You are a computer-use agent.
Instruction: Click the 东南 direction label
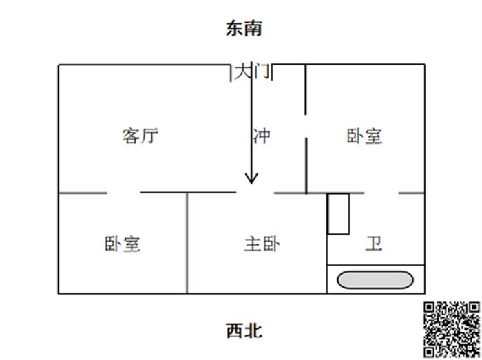click(244, 29)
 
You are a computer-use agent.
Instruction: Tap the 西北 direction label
click(244, 331)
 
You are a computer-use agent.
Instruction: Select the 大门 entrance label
click(253, 72)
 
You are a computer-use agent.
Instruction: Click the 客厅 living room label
click(140, 136)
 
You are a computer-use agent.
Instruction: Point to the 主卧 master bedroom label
click(262, 244)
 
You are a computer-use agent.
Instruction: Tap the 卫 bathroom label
click(374, 244)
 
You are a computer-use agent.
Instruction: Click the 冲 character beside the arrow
click(262, 136)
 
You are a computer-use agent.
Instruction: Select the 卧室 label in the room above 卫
click(364, 136)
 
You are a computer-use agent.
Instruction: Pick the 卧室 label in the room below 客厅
click(123, 244)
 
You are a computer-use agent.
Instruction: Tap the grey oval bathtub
click(375, 280)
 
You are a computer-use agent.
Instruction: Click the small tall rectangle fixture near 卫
click(339, 214)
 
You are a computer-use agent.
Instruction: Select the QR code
click(452, 330)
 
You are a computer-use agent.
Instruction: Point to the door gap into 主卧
click(255, 193)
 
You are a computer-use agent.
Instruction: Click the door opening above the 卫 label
click(381, 193)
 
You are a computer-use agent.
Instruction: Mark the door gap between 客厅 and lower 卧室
click(123, 193)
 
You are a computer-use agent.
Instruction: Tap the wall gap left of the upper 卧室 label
click(306, 126)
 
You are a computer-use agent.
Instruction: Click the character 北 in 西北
click(253, 331)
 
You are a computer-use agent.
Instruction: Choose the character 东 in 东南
click(235, 29)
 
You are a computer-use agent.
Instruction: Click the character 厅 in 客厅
click(149, 136)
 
